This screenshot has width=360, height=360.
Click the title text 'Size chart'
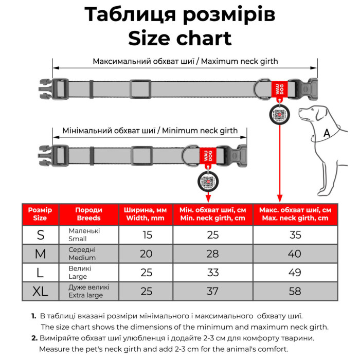[179, 38]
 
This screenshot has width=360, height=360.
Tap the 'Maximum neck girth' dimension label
[185, 61]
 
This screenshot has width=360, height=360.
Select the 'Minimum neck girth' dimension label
[150, 131]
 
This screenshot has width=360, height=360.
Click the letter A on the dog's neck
[326, 133]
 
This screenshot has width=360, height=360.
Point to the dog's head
[314, 113]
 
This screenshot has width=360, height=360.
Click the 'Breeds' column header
[88, 214]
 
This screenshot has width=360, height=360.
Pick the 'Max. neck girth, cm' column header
[295, 214]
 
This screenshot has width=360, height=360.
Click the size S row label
[40, 235]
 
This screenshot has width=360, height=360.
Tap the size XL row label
[40, 292]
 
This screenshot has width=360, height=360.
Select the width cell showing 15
[146, 235]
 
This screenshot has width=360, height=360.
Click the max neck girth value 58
[295, 292]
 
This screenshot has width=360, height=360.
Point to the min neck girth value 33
[212, 273]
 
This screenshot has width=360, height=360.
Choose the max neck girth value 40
[295, 254]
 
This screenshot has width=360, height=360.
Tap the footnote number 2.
[34, 338]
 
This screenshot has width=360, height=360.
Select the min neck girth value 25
[212, 235]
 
